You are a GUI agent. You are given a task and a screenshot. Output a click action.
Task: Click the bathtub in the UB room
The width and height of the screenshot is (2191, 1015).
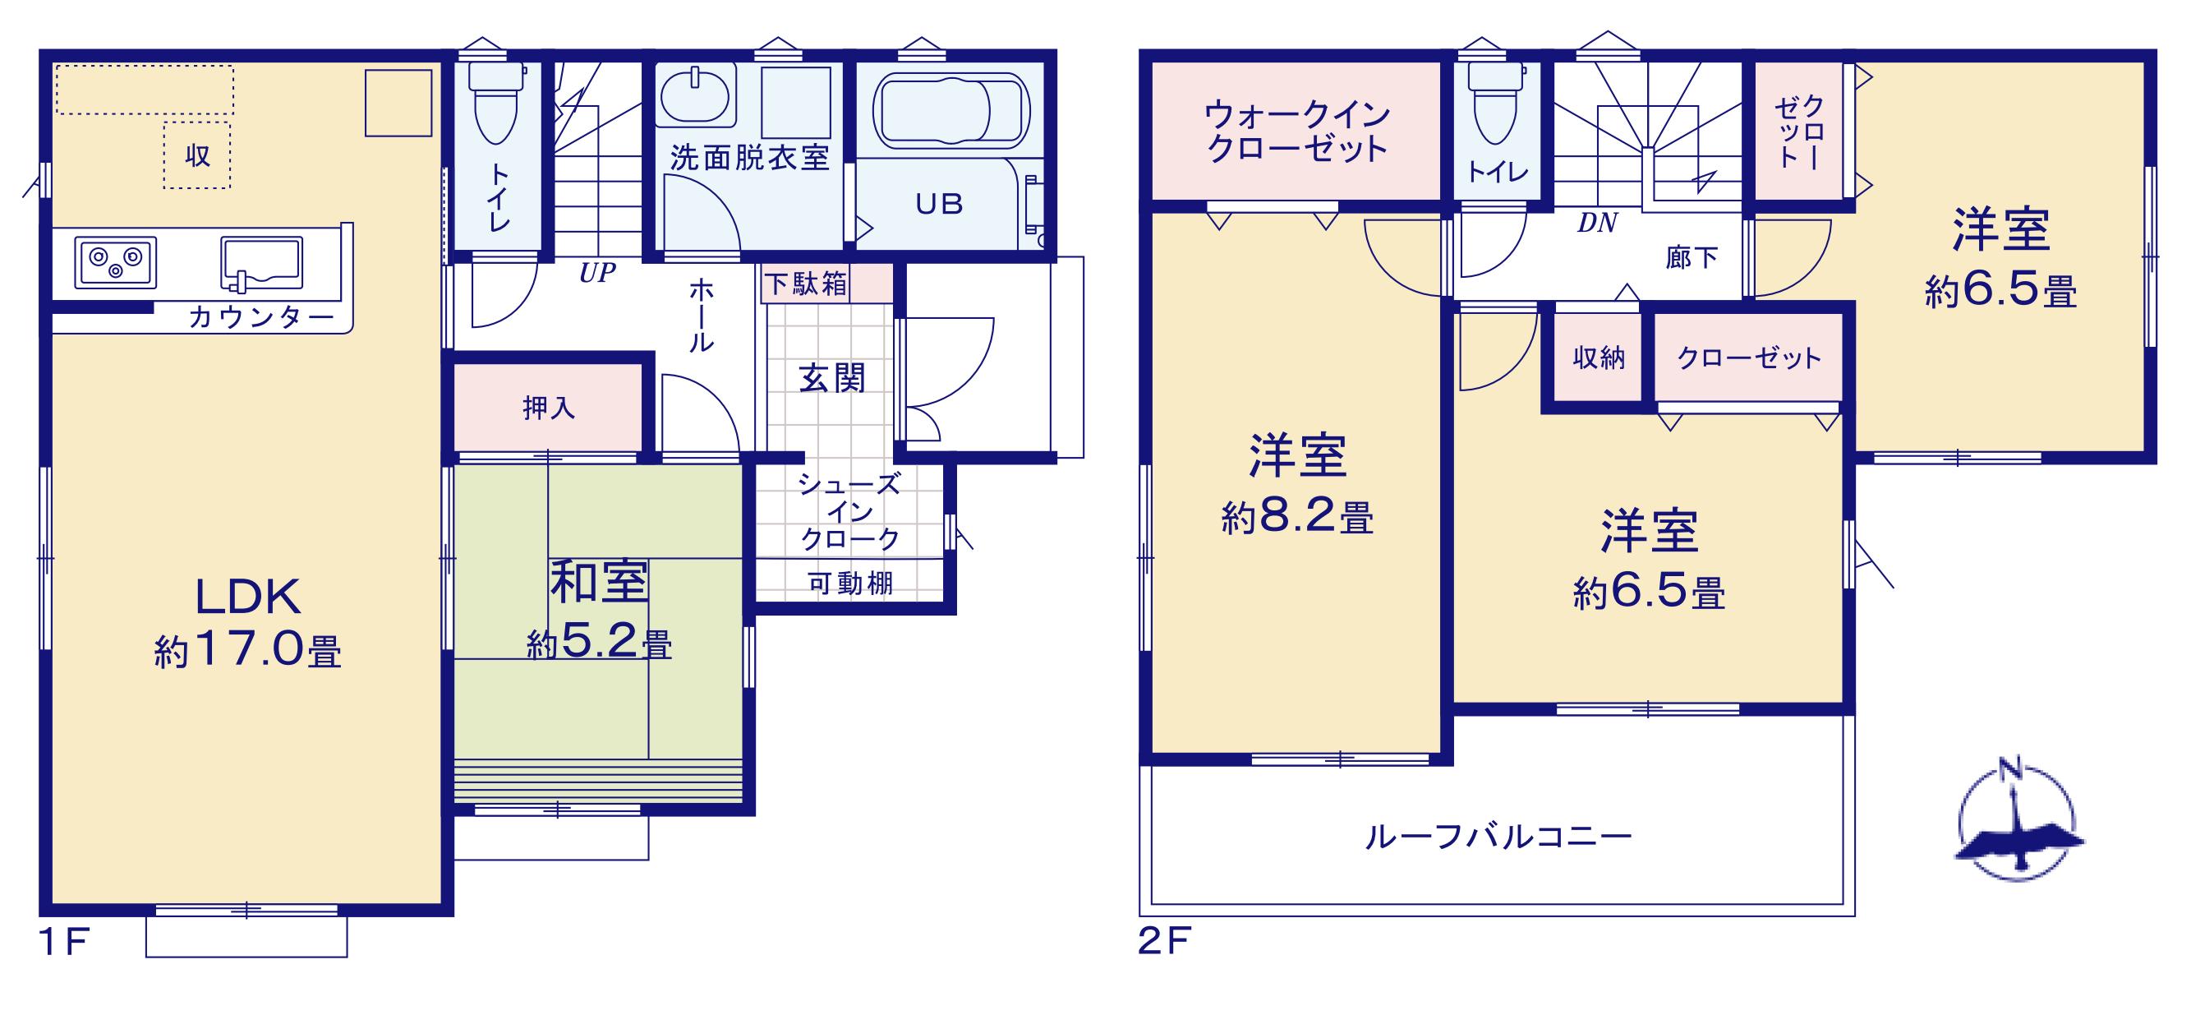[x=951, y=112]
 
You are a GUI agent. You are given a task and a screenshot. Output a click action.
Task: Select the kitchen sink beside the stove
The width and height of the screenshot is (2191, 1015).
[x=261, y=263]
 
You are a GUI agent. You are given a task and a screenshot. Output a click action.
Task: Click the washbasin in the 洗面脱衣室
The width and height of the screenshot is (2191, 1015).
[x=694, y=97]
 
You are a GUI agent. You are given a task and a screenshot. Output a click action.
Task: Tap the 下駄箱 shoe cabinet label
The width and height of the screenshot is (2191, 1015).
[x=805, y=284]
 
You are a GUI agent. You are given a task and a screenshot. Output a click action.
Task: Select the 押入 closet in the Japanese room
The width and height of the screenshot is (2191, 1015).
[x=548, y=408]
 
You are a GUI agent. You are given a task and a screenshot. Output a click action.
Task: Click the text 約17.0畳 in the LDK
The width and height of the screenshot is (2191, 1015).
[x=247, y=652]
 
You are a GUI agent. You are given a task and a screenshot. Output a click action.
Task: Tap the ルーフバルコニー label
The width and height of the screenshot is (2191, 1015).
[x=1498, y=837]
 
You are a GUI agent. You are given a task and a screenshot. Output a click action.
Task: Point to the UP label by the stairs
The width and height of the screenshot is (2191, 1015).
[x=597, y=273]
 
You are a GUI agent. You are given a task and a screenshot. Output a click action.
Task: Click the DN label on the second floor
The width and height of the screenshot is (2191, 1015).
[x=1597, y=223]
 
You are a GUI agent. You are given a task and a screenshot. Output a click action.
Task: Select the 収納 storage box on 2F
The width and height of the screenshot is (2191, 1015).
[x=1598, y=358]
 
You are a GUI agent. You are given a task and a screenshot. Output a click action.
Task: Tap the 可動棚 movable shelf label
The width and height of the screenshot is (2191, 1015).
[x=849, y=583]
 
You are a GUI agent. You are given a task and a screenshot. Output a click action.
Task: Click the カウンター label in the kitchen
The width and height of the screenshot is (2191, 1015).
[x=261, y=317]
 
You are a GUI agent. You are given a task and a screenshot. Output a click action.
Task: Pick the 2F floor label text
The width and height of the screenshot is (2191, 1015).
[x=1164, y=942]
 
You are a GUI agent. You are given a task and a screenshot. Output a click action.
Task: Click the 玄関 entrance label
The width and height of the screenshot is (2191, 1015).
[x=832, y=379]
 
